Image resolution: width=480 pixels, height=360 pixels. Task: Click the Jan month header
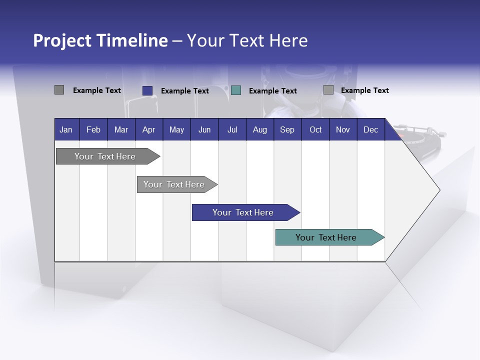point(66,129)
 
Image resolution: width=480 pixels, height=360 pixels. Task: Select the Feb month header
point(93,129)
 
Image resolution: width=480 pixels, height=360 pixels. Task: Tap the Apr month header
point(148,129)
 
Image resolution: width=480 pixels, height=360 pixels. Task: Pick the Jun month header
point(204,129)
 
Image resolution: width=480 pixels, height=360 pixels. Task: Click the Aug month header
point(260,129)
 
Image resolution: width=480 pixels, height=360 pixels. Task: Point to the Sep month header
point(287,129)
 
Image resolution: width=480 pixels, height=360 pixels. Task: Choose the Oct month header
point(315,129)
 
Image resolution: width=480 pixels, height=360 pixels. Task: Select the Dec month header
point(370,129)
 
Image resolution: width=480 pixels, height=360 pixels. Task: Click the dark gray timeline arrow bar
point(105,156)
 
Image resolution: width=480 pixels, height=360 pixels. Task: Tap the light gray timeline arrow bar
point(174,184)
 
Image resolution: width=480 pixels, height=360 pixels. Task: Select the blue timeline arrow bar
point(243,212)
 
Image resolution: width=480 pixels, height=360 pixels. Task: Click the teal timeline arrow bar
point(326,237)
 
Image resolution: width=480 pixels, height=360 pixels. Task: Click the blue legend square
point(147,90)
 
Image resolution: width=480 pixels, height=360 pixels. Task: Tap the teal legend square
point(236,90)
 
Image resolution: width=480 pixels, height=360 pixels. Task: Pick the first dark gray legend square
point(59,90)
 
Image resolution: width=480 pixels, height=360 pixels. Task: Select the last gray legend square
point(328,90)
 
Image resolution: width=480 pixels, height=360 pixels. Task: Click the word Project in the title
point(62,40)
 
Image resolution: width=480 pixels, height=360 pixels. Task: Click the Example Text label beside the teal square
point(272,91)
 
